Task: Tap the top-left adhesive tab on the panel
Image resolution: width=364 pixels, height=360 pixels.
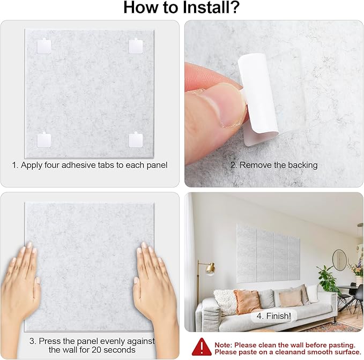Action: [43, 46]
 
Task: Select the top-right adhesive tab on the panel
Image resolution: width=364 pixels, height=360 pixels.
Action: [136, 46]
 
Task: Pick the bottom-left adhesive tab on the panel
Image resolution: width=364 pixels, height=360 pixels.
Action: [43, 140]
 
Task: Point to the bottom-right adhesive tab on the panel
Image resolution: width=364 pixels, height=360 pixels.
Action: [136, 140]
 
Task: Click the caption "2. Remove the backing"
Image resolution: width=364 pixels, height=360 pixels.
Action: [274, 165]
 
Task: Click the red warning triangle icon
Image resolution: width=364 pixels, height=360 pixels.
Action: [201, 347]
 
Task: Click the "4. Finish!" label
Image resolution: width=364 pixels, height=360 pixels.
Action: [273, 316]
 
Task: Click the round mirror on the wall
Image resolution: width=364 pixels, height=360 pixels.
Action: [339, 260]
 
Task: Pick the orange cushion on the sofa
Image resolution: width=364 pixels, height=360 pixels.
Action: [247, 302]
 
